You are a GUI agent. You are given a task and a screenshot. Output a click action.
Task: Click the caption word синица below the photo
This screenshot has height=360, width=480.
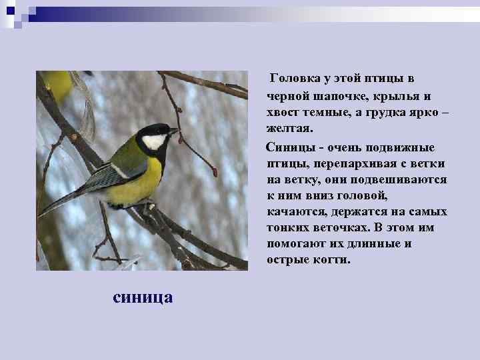(143, 296)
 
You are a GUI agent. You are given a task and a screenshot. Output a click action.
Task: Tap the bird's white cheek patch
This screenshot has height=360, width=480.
(154, 141)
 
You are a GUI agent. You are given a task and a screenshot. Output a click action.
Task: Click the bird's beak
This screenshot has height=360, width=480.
(175, 131)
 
